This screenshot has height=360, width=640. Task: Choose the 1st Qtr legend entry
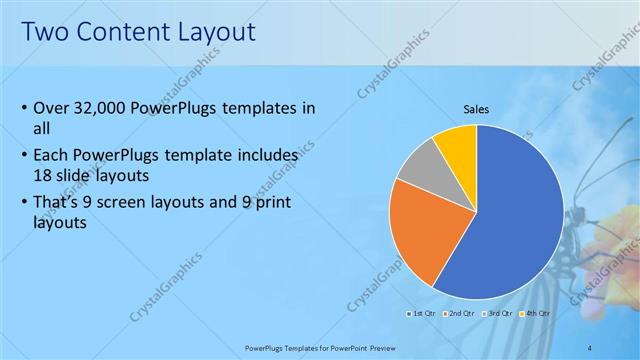[419, 314]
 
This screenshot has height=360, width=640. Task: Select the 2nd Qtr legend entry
[459, 314]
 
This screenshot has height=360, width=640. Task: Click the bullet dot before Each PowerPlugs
[24, 156]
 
